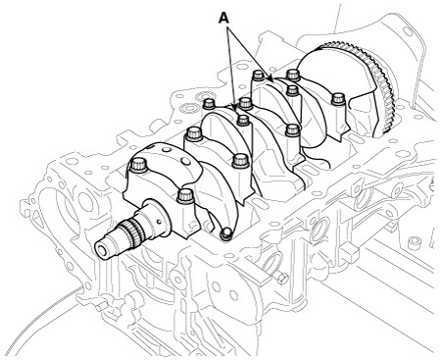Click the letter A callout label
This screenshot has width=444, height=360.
coord(223,19)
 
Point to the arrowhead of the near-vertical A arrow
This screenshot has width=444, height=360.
coord(234,107)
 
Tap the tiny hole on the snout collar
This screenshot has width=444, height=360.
coord(159,222)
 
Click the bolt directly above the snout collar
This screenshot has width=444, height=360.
coord(185,199)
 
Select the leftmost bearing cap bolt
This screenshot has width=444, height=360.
coord(139,165)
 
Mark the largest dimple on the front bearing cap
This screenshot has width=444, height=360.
coord(185,161)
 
